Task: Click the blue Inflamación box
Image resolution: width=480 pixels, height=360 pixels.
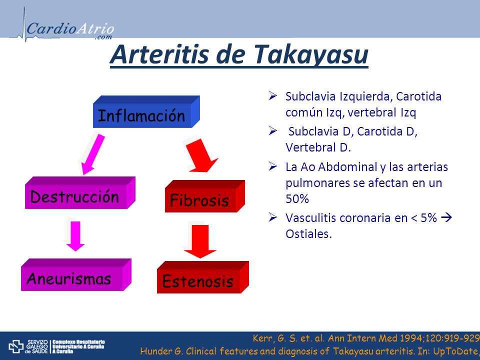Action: click(x=146, y=111)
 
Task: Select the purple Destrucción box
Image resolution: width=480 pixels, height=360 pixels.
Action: click(x=80, y=192)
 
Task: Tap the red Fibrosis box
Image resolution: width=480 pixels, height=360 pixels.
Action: click(x=205, y=196)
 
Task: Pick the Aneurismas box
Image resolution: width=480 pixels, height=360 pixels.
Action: click(x=76, y=274)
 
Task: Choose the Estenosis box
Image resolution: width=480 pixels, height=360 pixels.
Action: click(x=203, y=277)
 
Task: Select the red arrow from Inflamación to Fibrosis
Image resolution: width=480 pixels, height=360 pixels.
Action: click(x=200, y=155)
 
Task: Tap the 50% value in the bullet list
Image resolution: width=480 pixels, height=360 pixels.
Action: click(x=297, y=199)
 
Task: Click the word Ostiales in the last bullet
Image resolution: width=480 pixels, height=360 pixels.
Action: click(x=308, y=234)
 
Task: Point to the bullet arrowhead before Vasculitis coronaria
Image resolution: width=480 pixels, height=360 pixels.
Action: click(x=273, y=217)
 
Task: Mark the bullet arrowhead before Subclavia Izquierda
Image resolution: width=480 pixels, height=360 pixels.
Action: click(x=273, y=96)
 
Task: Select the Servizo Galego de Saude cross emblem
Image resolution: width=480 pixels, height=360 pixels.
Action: click(x=16, y=346)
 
